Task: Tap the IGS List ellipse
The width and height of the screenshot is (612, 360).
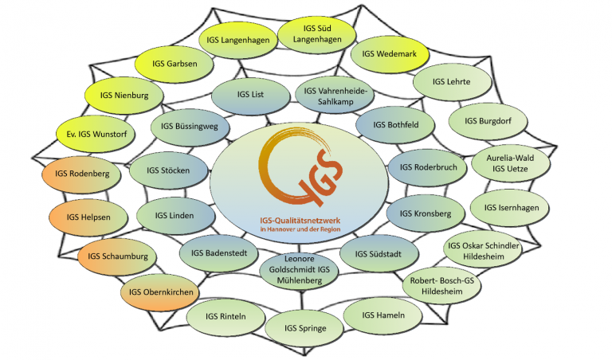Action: tap(250, 95)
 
